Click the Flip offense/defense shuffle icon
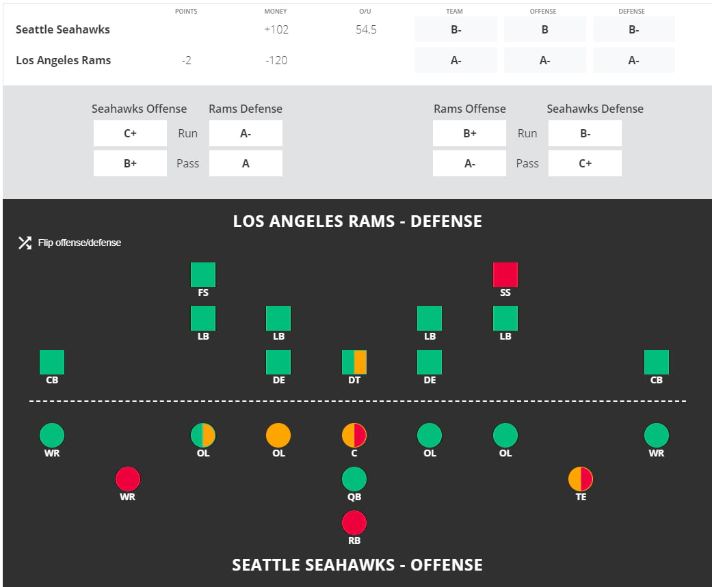(25, 243)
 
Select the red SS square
(505, 275)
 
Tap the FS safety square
(203, 275)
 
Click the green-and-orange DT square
(354, 362)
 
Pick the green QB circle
(354, 479)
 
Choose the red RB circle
(354, 523)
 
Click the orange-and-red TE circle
(581, 479)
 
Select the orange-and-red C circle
(354, 435)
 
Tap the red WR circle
(128, 479)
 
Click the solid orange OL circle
(278, 435)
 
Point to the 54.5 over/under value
(366, 29)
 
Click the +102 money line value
(276, 29)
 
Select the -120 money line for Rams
(276, 60)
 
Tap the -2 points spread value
(186, 60)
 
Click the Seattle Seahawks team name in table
(63, 29)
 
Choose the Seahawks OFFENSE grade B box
(545, 29)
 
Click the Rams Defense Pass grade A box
(246, 163)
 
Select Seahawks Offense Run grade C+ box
(130, 133)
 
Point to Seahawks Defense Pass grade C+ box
(585, 163)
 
